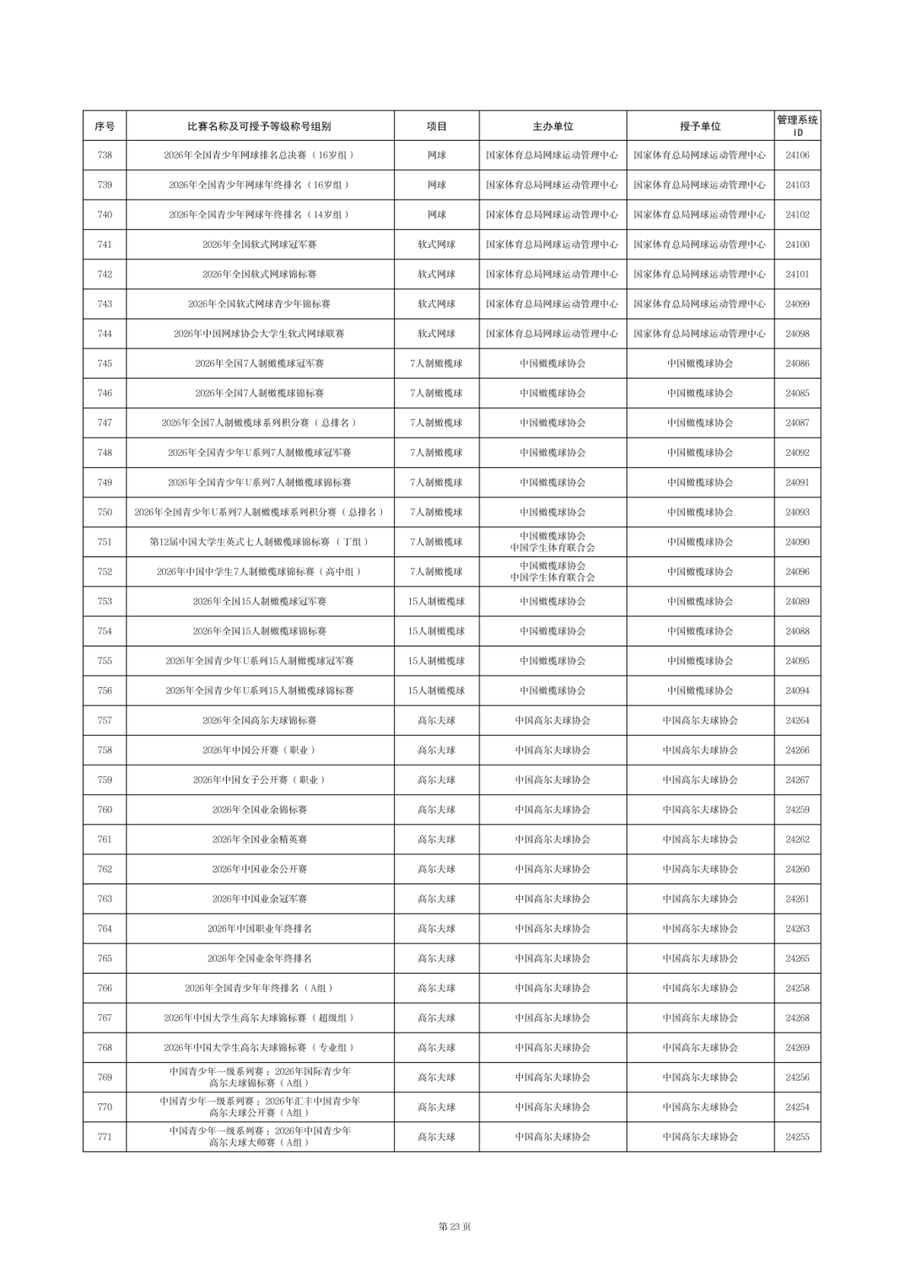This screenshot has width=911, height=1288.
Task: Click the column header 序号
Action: pos(105,126)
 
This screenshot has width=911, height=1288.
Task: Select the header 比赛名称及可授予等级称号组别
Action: pos(259,126)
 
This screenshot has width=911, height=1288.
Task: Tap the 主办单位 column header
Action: pos(553,126)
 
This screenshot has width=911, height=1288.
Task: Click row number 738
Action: pos(105,155)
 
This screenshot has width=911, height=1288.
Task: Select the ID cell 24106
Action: pos(797,155)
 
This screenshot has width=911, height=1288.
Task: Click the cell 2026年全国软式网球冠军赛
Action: pos(259,244)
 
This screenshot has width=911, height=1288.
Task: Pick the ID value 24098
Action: pos(797,334)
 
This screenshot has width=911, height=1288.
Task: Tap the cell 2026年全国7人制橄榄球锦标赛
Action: pos(259,393)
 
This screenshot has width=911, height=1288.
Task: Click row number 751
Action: pos(105,542)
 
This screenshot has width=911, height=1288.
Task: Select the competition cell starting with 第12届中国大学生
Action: pos(259,542)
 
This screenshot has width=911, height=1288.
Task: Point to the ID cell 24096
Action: pos(797,572)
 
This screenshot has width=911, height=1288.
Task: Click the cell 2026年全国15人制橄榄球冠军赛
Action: pos(259,602)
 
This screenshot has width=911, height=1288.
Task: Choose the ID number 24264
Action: pos(797,721)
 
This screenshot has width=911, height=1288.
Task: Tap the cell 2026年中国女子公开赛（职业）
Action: pos(259,780)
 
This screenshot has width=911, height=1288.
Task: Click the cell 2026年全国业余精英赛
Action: pos(259,840)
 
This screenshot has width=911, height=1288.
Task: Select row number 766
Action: pos(105,988)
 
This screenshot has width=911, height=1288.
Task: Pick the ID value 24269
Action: pos(797,1048)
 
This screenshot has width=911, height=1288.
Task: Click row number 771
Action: pos(105,1137)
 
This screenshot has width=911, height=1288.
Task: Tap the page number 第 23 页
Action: pos(455,1226)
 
